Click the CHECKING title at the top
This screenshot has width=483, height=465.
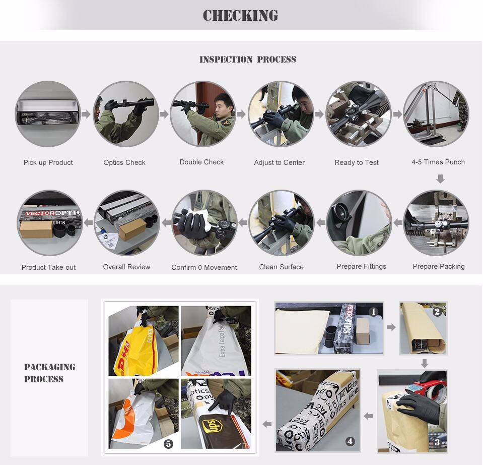pyautogui.click(x=240, y=16)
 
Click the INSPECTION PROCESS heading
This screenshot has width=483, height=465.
pyautogui.click(x=247, y=60)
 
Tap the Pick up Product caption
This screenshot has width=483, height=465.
pyautogui.click(x=48, y=162)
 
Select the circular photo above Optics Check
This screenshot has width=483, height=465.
pyautogui.click(x=125, y=114)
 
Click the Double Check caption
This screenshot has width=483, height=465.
pyautogui.click(x=201, y=162)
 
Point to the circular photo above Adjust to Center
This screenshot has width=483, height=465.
pyautogui.click(x=280, y=114)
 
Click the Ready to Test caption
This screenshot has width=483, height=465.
pyautogui.click(x=357, y=162)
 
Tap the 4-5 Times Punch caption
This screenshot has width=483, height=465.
pyautogui.click(x=438, y=162)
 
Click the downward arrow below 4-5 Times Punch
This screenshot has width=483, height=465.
pyautogui.click(x=440, y=179)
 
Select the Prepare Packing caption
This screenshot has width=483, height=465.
pyautogui.click(x=438, y=266)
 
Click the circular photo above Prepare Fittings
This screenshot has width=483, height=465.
pyautogui.click(x=359, y=222)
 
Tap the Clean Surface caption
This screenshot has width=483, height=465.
pyautogui.click(x=281, y=267)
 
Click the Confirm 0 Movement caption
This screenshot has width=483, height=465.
pyautogui.click(x=204, y=267)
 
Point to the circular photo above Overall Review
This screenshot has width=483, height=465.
pyautogui.click(x=127, y=222)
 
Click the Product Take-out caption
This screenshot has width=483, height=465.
pyautogui.click(x=48, y=267)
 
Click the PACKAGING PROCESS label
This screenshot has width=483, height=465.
pyautogui.click(x=49, y=373)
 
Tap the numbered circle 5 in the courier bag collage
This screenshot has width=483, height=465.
pyautogui.click(x=168, y=444)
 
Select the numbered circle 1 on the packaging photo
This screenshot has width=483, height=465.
pyautogui.click(x=373, y=312)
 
